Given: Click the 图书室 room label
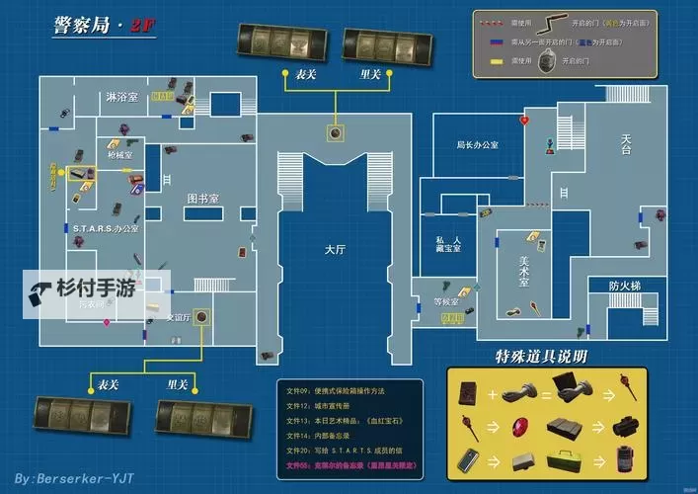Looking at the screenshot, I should point(203,198).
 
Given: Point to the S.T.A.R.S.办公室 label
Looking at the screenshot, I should point(106,228).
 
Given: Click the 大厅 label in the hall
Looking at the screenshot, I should point(336,250).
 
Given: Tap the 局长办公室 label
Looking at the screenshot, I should point(477,144).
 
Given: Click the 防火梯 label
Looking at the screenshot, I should point(624,286).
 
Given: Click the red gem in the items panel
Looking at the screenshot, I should point(520,427).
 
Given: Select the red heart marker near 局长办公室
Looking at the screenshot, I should point(524,120).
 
